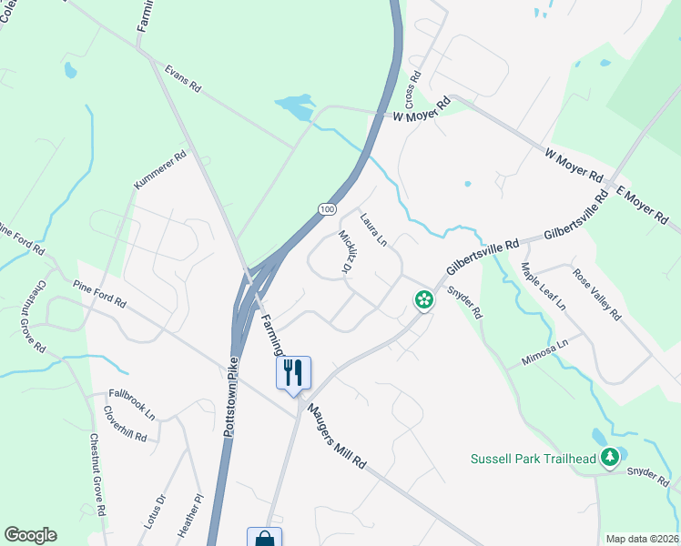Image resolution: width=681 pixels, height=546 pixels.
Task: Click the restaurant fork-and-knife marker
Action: click(293, 373)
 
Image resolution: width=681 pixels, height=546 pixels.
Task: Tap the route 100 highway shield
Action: click(327, 209)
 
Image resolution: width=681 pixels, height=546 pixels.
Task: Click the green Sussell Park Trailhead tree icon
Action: click(614, 458)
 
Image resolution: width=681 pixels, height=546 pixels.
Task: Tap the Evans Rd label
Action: click(182, 79)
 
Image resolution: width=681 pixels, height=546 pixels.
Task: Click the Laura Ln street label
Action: click(373, 229)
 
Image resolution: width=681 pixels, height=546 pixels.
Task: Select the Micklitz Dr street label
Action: click(346, 250)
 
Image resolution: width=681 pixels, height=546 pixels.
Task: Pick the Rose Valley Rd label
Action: click(597, 294)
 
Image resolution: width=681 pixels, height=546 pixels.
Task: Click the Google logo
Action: click(30, 535)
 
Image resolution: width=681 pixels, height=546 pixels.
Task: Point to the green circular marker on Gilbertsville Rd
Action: click(423, 298)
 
